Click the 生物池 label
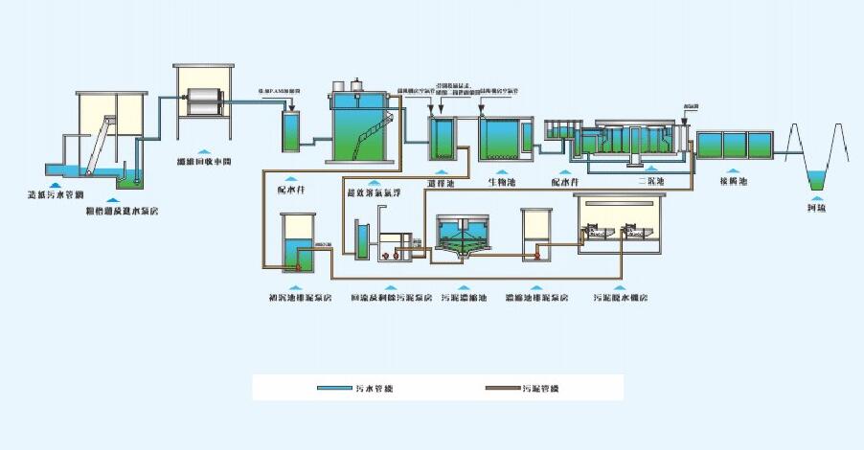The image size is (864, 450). [x=503, y=180]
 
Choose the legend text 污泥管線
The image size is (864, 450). [x=541, y=389]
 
